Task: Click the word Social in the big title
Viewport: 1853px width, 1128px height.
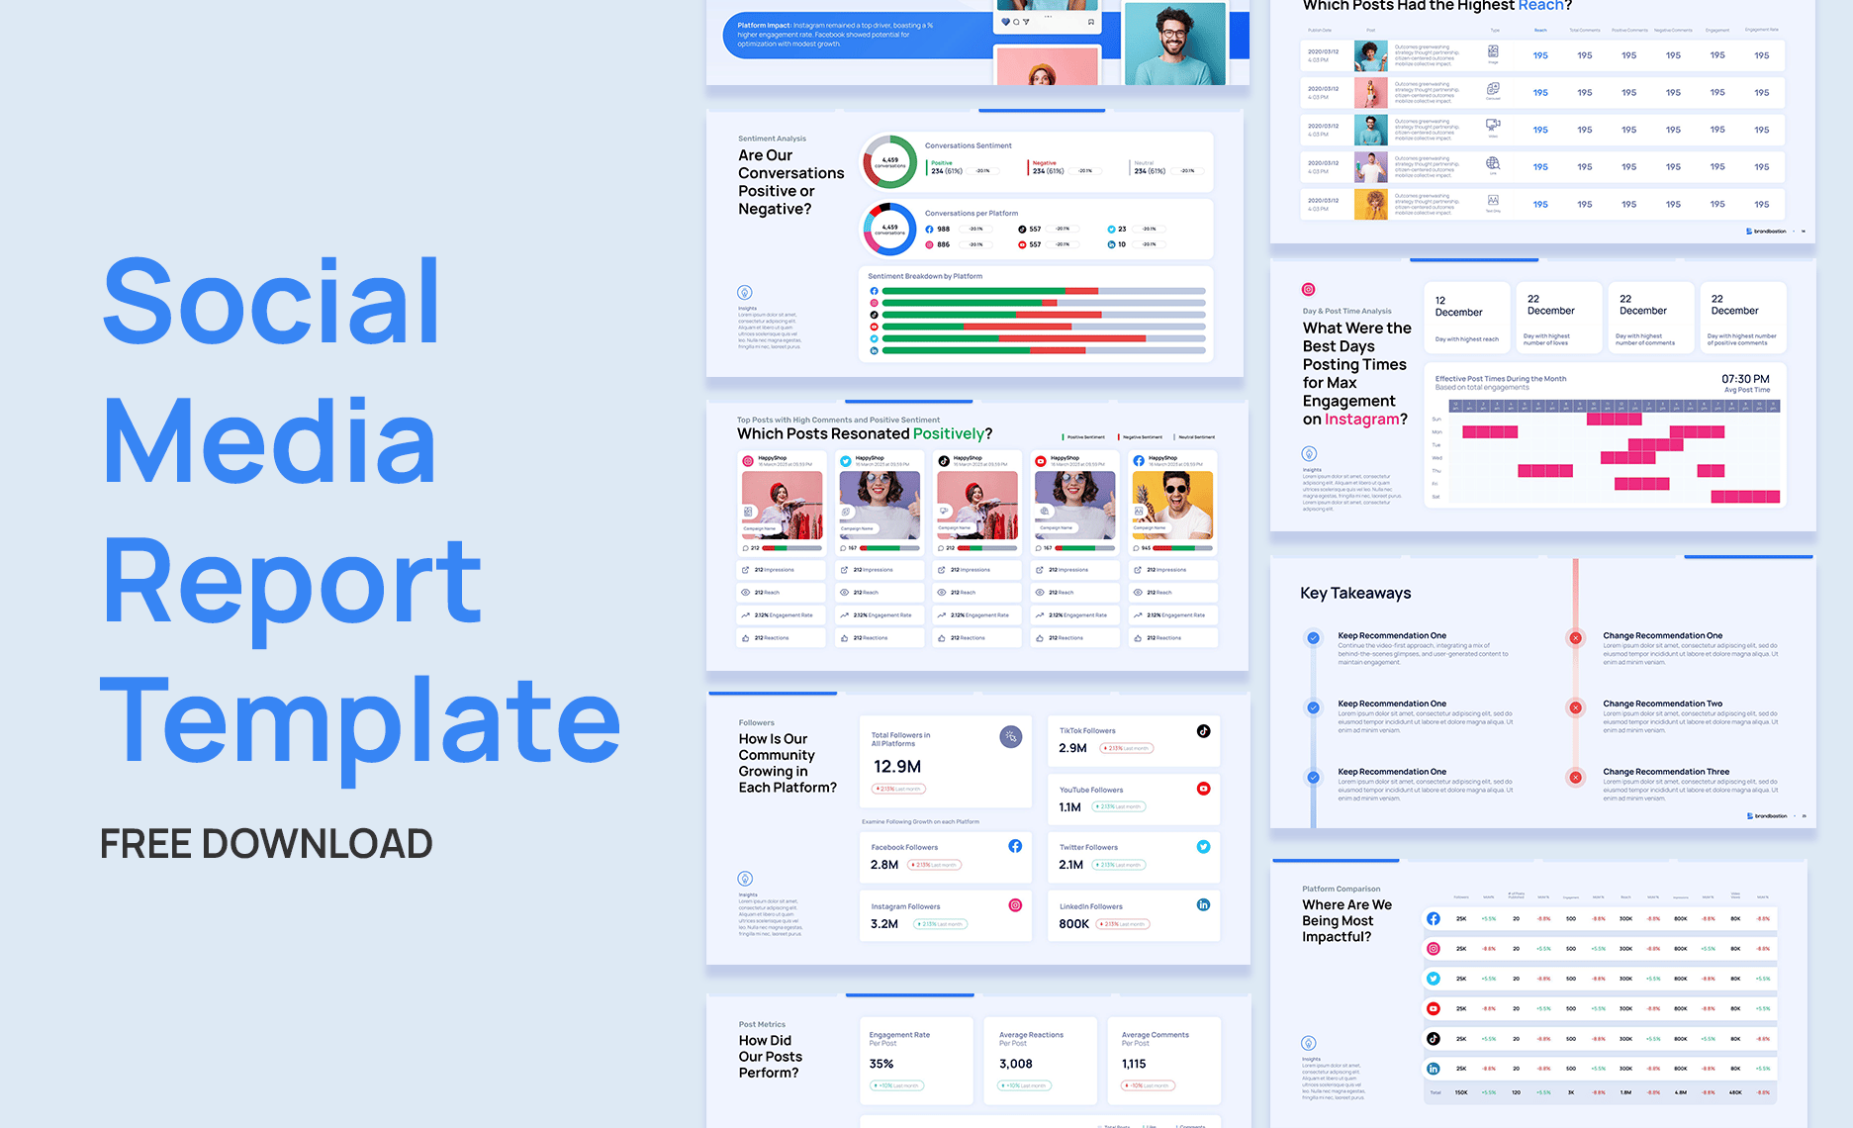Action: click(271, 301)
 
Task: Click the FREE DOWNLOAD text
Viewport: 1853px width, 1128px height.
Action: click(266, 844)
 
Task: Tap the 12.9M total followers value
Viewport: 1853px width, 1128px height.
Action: click(896, 767)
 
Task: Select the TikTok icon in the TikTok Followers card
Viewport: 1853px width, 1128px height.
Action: click(1203, 731)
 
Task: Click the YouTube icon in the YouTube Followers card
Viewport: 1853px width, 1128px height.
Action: click(1203, 789)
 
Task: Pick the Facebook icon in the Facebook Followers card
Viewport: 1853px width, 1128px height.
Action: click(1015, 846)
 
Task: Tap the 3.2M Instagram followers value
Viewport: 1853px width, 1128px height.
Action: click(884, 924)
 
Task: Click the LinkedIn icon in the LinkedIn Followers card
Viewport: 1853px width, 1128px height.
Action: click(1203, 904)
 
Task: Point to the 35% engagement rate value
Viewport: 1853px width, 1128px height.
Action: click(881, 1064)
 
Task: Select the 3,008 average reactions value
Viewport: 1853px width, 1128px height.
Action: click(1016, 1064)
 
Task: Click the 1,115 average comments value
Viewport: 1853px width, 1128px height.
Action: click(1134, 1064)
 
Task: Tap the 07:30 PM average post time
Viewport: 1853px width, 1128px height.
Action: click(1745, 379)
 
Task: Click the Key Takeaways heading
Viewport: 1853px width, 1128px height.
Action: click(1355, 593)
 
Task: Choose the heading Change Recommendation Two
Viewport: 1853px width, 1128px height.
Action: click(1662, 704)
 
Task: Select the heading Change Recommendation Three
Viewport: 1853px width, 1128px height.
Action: click(1666, 772)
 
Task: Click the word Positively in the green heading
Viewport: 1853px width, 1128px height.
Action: click(948, 433)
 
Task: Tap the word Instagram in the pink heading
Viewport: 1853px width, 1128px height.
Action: click(1361, 420)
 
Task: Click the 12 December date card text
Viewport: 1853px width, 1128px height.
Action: click(1458, 307)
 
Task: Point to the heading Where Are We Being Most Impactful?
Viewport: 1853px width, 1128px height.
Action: click(1346, 920)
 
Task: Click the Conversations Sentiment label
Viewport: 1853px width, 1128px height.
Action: click(968, 145)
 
